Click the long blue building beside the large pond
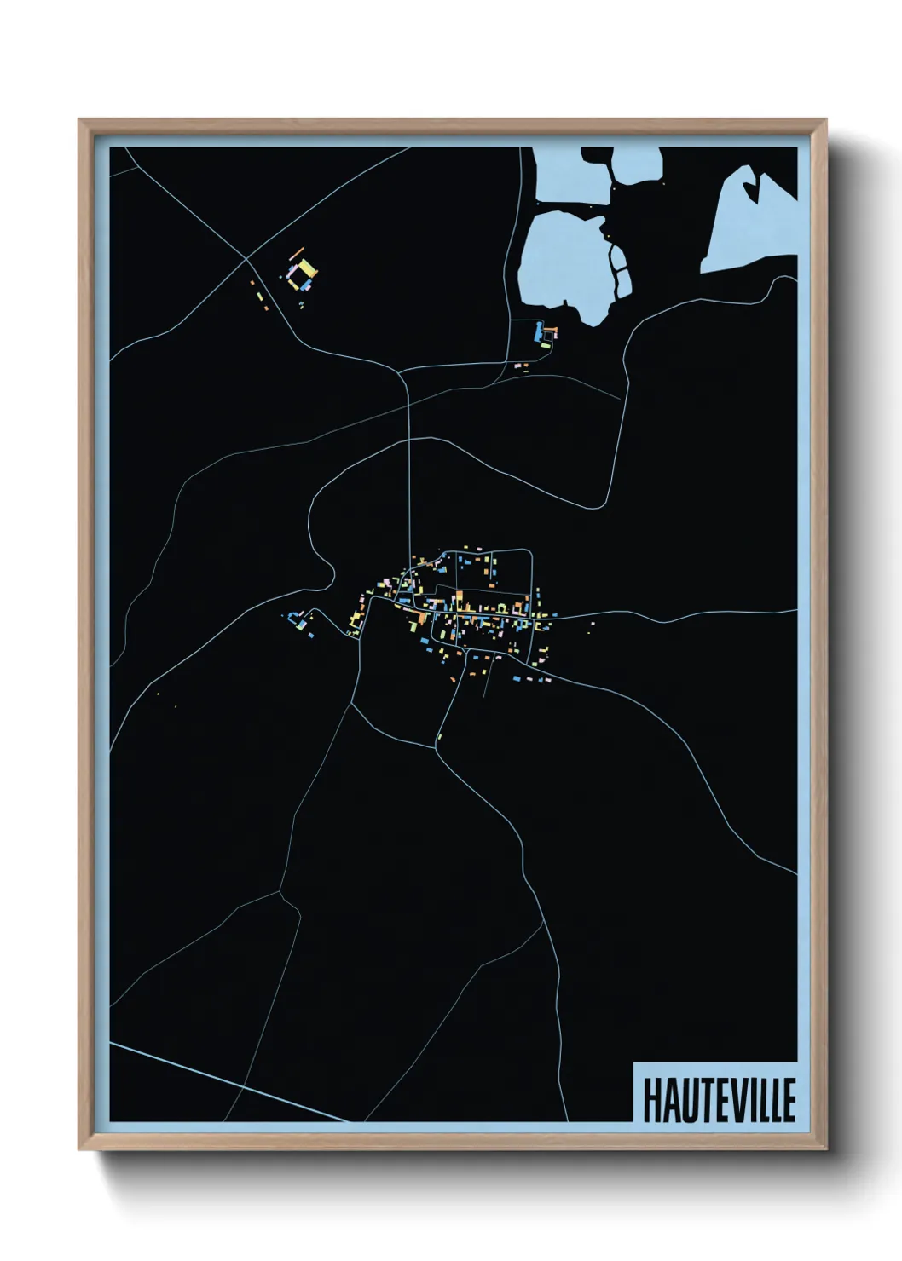[537, 331]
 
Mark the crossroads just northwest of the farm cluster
[246, 257]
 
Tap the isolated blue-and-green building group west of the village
[298, 619]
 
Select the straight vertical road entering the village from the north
[410, 477]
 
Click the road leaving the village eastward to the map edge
[682, 614]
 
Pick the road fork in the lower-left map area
[280, 892]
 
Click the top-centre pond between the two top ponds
[635, 166]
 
